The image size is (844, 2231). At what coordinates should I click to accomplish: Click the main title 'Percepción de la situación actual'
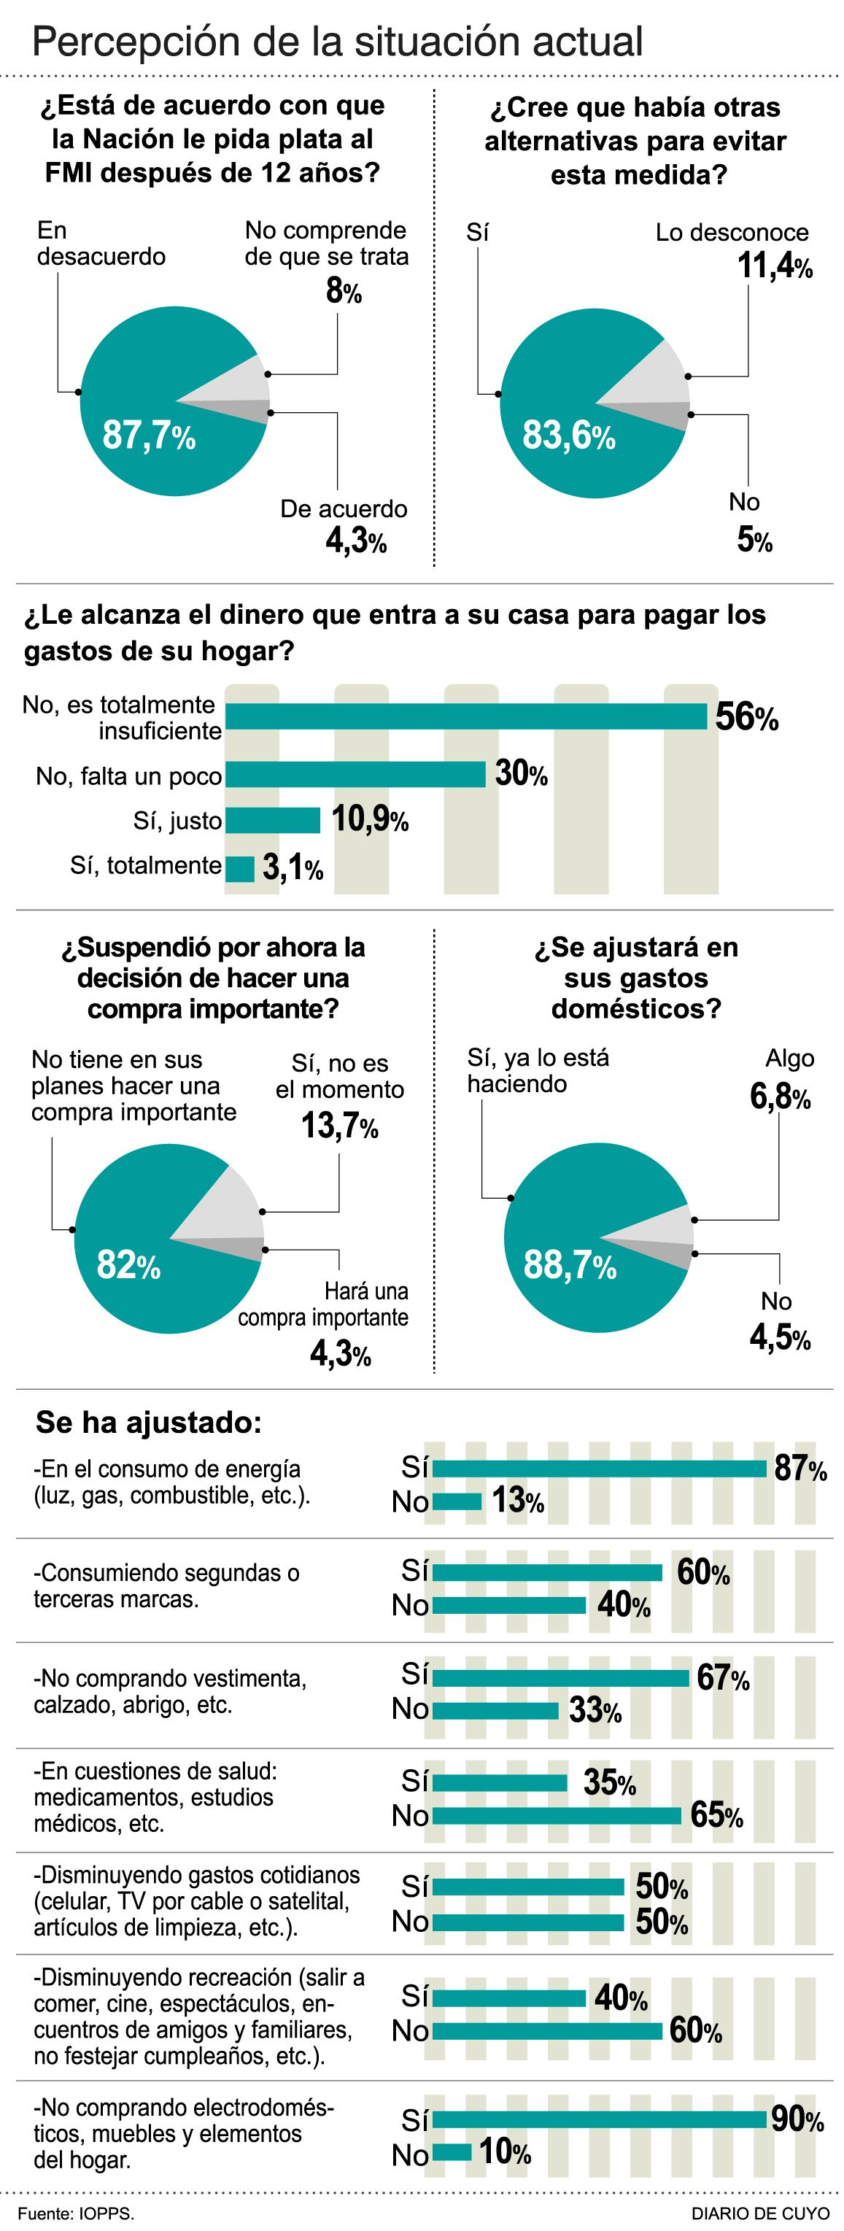coord(337,42)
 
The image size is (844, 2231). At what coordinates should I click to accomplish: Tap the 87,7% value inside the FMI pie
coord(149,435)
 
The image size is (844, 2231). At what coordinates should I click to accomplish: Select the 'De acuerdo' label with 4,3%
coord(344,509)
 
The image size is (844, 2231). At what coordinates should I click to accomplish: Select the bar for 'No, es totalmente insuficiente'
coord(465,717)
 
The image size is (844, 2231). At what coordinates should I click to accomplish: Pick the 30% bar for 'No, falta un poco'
coord(355,774)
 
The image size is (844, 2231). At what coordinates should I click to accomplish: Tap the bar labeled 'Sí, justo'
coord(273,820)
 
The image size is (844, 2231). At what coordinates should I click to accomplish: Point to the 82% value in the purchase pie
coord(128,1265)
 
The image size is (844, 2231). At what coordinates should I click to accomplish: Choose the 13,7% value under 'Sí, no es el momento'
coord(339,1126)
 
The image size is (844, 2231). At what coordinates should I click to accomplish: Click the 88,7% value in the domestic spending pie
coord(570,1265)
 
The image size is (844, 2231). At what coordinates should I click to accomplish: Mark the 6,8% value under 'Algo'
coord(780,1097)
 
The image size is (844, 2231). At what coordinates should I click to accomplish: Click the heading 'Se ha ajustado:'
coord(148,1422)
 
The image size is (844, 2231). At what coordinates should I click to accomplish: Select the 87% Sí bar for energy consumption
coord(599,1469)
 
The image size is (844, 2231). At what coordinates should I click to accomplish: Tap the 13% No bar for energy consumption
coord(456,1501)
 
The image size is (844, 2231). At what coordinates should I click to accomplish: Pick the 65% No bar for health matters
coord(557,1816)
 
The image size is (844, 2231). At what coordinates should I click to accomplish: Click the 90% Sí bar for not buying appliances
coord(601,2120)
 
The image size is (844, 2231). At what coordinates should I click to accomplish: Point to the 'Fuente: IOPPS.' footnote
coord(76,2213)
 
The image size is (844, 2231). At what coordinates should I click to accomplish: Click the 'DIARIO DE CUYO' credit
coord(759,2213)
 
